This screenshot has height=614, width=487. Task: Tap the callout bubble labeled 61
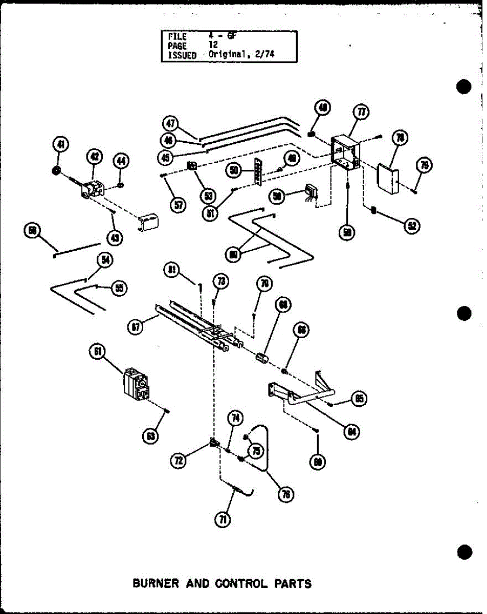point(97,352)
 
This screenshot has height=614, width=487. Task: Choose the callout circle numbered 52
point(411,226)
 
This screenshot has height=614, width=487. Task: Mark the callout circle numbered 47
point(170,123)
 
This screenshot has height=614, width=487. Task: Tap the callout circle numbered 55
point(119,289)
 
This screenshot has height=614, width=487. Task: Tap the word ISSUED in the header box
point(182,55)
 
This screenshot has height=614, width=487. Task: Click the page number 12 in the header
point(213,46)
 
